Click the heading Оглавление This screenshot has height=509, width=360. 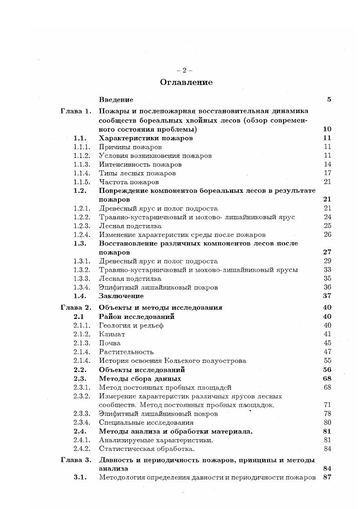click(186, 83)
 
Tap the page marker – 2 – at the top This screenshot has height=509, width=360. click(184, 70)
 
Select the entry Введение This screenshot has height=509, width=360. click(116, 100)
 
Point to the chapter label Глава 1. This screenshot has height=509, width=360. click(76, 111)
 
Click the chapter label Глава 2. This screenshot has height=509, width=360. click(76, 308)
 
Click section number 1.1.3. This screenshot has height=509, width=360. click(82, 164)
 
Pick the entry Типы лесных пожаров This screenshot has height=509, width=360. click(137, 173)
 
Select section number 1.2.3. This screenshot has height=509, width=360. click(82, 226)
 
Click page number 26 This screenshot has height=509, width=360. click(327, 235)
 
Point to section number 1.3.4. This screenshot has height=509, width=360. click(82, 287)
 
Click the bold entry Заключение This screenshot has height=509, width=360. click(118, 296)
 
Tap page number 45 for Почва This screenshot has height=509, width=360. click(327, 343)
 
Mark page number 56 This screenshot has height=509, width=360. click(327, 370)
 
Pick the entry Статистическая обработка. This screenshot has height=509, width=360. click(147, 449)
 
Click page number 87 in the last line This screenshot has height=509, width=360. click(327, 478)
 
